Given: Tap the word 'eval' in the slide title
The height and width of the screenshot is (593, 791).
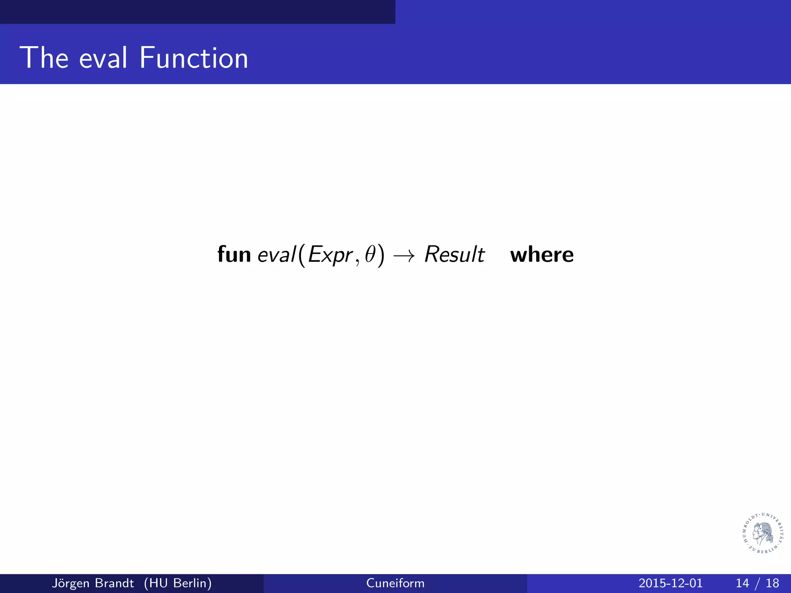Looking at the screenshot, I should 103,58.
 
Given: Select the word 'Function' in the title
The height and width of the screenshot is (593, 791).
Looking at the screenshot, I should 194,58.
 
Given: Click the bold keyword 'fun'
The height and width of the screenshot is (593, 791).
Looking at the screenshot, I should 234,254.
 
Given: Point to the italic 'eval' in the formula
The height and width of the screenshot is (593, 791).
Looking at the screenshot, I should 276,254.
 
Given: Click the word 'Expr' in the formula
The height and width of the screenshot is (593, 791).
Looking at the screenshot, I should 331,255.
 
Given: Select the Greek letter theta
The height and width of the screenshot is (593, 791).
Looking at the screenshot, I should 370,254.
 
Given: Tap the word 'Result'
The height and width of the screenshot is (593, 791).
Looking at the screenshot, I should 454,254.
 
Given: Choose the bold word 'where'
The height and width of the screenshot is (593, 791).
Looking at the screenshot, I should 542,255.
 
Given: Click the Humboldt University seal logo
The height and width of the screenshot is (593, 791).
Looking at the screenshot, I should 763,533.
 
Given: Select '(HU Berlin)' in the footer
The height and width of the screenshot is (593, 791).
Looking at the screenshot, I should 178,583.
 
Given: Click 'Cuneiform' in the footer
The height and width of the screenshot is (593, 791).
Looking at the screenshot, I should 395,583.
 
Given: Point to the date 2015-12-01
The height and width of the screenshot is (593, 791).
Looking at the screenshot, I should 670,583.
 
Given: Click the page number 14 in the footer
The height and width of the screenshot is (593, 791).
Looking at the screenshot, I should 742,583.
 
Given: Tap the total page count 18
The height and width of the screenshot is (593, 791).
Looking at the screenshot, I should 772,583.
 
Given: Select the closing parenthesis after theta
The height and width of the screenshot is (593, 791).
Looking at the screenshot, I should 381,255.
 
